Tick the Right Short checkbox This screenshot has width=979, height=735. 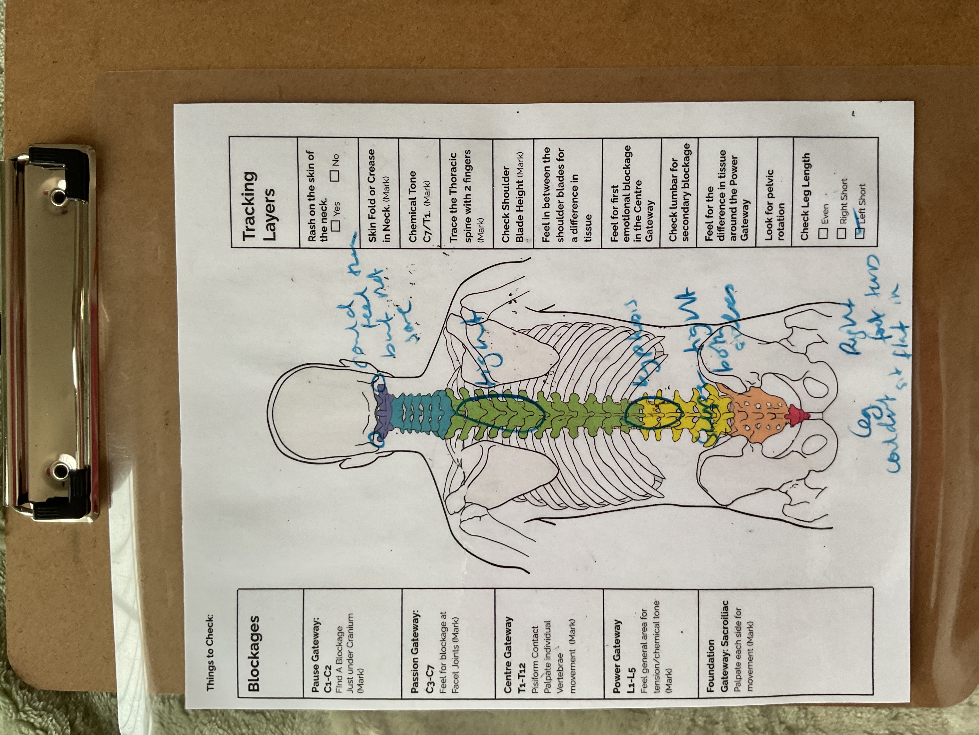click(842, 233)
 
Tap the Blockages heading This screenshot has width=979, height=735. click(253, 654)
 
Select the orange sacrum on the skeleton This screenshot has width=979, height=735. click(757, 414)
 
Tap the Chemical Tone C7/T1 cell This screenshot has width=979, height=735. click(419, 206)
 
